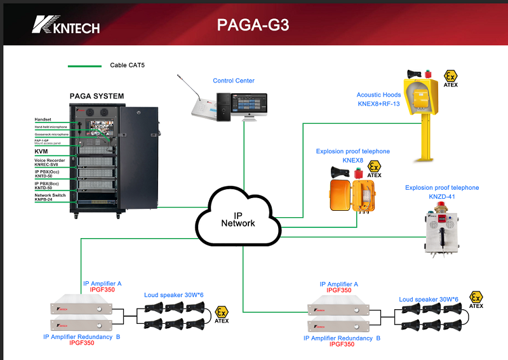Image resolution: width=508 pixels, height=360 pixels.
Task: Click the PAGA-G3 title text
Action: (x=253, y=25)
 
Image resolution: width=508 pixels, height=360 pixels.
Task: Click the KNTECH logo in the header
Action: (x=66, y=25)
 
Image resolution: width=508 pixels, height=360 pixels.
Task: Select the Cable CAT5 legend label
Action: (x=127, y=65)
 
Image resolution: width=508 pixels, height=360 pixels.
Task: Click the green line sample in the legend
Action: (x=84, y=65)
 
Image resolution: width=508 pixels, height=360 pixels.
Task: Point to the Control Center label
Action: (x=234, y=81)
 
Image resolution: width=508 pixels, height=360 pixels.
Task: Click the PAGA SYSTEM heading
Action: (x=97, y=97)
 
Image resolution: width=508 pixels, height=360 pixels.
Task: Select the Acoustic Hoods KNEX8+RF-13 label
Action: (x=378, y=99)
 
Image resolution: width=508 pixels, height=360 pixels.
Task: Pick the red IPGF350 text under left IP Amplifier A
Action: (x=102, y=290)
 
